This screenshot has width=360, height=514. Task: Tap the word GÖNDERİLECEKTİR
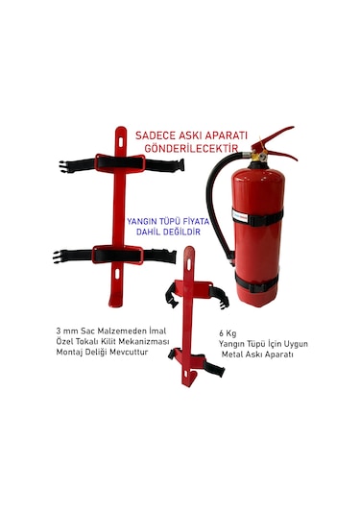(191, 148)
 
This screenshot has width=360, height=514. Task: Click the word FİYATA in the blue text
(196, 221)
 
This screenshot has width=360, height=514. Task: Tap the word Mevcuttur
(129, 353)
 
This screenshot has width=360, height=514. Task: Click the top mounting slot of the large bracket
(121, 142)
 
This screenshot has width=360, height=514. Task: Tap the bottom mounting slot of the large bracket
(117, 274)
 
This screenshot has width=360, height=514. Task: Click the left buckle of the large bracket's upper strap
(66, 166)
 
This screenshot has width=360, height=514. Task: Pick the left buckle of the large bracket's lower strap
(59, 257)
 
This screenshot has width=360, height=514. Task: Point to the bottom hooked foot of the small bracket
(189, 379)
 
